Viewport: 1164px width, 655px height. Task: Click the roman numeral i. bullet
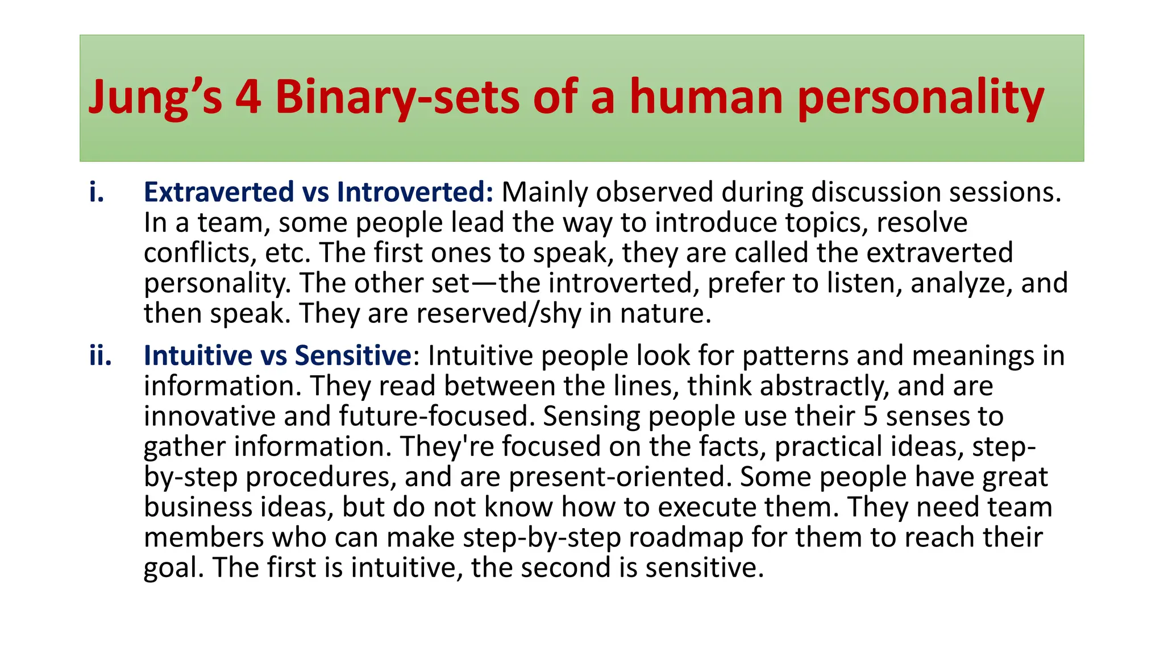97,192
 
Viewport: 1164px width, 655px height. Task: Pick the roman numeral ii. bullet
101,356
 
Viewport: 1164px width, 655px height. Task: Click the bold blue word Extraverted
219,192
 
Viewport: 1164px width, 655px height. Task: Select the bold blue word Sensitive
353,356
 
